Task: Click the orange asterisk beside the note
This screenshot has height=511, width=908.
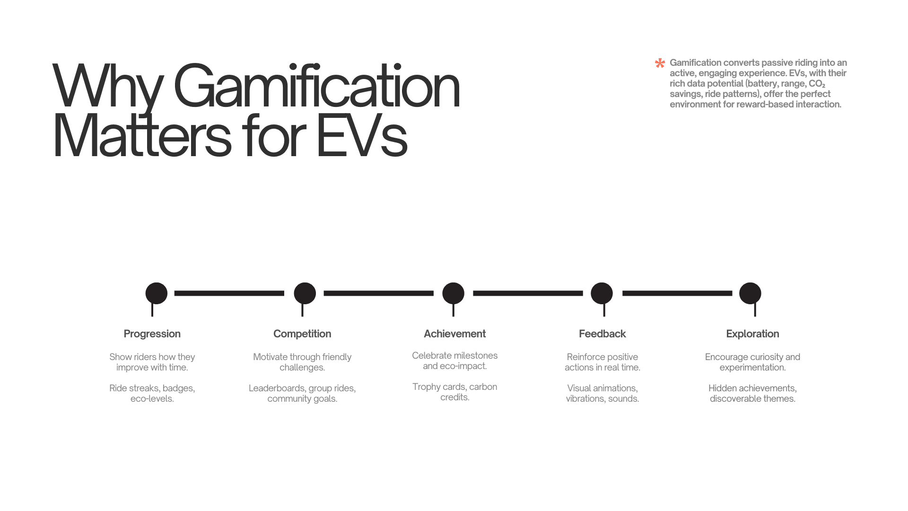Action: (x=660, y=63)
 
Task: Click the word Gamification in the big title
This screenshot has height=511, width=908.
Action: (x=316, y=87)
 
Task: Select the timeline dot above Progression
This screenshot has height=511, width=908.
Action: (x=156, y=293)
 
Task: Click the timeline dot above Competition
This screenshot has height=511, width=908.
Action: (x=305, y=293)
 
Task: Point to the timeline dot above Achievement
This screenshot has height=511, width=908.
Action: (x=453, y=293)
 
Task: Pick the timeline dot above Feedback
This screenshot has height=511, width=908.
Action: (x=602, y=293)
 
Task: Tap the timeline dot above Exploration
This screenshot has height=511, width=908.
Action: (x=750, y=293)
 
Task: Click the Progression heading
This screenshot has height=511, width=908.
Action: (x=152, y=334)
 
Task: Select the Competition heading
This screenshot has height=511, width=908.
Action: (x=302, y=334)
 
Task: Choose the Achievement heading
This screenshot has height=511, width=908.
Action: (x=454, y=334)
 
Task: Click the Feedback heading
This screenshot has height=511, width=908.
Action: (x=602, y=334)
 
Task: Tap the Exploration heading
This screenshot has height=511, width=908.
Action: (x=752, y=334)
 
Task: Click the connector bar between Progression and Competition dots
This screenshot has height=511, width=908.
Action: (x=229, y=293)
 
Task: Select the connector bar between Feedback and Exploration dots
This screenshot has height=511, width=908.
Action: (x=677, y=293)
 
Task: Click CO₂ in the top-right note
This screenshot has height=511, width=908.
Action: (x=817, y=84)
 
